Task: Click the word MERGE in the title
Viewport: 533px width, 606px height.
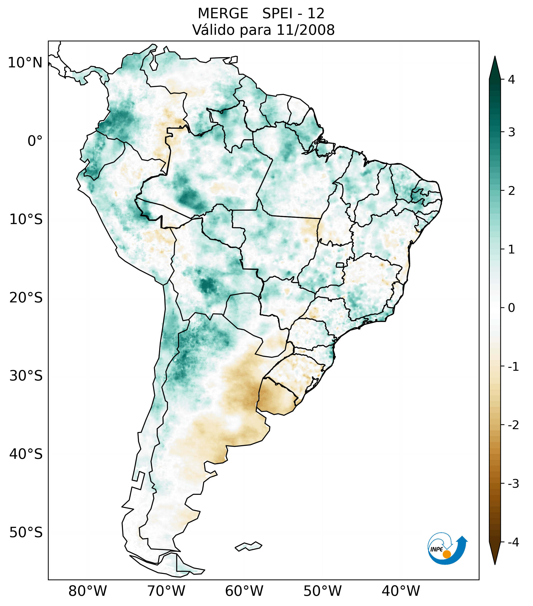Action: tap(223, 13)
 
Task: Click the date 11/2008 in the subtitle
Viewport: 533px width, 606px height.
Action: tap(306, 30)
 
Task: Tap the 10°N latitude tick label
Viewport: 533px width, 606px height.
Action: tap(25, 63)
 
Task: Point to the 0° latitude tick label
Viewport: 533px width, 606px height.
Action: tap(35, 141)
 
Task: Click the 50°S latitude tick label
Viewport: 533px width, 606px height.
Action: tap(26, 533)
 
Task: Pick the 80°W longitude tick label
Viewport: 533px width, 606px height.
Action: tap(88, 591)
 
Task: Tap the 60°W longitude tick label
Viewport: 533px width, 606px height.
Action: tap(244, 591)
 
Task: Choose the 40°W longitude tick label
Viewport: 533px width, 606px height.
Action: tap(401, 591)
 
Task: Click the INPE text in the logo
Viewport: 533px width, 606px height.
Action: tap(437, 549)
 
